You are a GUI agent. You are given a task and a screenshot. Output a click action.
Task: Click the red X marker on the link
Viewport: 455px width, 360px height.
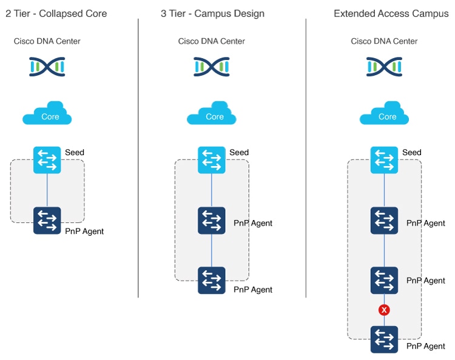click(383, 310)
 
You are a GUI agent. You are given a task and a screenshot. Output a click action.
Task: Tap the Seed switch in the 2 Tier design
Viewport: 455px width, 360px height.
click(47, 160)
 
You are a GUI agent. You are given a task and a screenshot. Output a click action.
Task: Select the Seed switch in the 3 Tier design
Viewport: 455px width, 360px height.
click(212, 160)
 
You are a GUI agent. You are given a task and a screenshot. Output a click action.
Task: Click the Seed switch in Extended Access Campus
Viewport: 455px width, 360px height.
click(384, 160)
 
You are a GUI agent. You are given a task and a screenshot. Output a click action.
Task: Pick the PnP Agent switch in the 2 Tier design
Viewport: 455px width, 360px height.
click(47, 221)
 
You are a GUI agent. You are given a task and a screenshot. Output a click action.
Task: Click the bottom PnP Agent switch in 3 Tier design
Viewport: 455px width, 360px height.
click(212, 281)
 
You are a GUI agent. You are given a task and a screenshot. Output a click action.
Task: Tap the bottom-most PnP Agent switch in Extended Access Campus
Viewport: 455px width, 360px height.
click(384, 339)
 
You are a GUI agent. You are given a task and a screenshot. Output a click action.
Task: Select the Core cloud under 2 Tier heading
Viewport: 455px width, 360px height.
click(47, 114)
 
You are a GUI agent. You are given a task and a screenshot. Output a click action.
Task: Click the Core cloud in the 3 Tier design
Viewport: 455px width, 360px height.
click(212, 114)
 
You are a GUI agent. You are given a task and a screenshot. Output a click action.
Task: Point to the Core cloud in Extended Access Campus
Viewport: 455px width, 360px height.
click(384, 114)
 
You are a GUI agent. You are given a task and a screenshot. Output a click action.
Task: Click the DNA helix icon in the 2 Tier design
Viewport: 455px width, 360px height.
click(47, 67)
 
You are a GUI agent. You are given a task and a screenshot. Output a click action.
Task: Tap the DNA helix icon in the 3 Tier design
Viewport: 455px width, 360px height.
click(212, 67)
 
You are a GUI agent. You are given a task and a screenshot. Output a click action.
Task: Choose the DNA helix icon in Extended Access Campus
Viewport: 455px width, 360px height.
click(384, 67)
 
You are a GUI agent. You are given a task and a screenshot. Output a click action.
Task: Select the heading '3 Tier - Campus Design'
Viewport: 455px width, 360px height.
click(212, 13)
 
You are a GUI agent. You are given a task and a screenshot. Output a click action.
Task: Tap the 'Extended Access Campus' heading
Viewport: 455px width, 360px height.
click(391, 13)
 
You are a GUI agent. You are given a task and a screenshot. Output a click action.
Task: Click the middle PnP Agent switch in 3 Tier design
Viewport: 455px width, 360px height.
click(212, 221)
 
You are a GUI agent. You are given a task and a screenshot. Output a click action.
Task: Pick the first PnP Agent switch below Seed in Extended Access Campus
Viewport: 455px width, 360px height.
click(384, 221)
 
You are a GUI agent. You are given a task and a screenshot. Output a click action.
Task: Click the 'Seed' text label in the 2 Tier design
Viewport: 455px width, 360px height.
click(75, 152)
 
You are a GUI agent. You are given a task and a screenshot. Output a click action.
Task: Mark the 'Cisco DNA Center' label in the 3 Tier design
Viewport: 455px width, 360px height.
click(212, 41)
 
